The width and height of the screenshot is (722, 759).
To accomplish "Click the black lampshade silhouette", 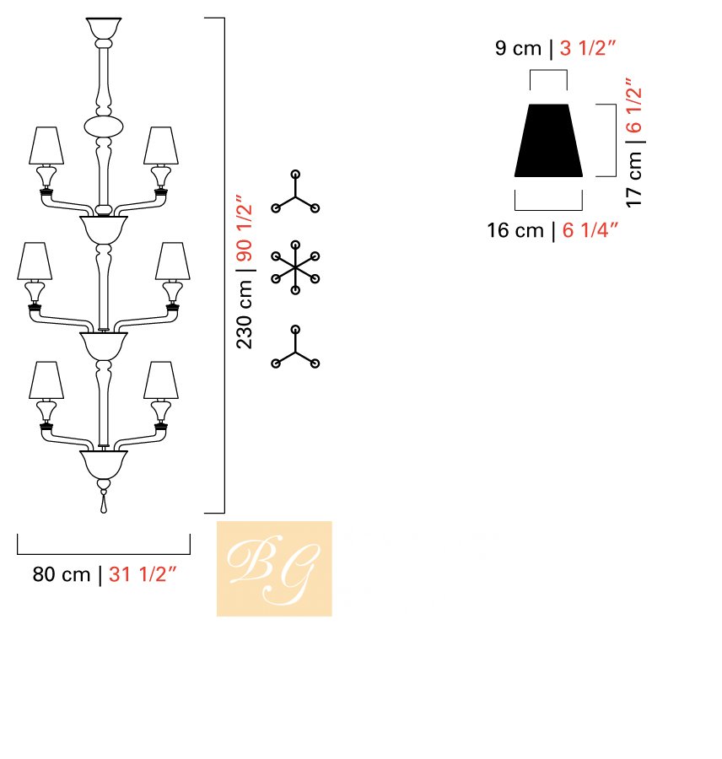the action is tap(548, 140).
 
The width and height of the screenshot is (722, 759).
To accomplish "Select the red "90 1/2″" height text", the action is tap(245, 228).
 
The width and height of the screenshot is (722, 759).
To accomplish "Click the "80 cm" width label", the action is tap(62, 574).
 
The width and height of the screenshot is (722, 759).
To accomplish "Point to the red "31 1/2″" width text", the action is tap(143, 574).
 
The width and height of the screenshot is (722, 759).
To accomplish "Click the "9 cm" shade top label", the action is tap(518, 48).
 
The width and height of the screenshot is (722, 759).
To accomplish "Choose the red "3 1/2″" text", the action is tap(587, 48).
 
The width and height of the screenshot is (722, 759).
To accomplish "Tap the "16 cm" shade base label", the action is tap(515, 230).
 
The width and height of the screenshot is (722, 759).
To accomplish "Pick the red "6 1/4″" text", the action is tap(590, 230).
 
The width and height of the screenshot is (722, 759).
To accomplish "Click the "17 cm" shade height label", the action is tap(634, 179).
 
